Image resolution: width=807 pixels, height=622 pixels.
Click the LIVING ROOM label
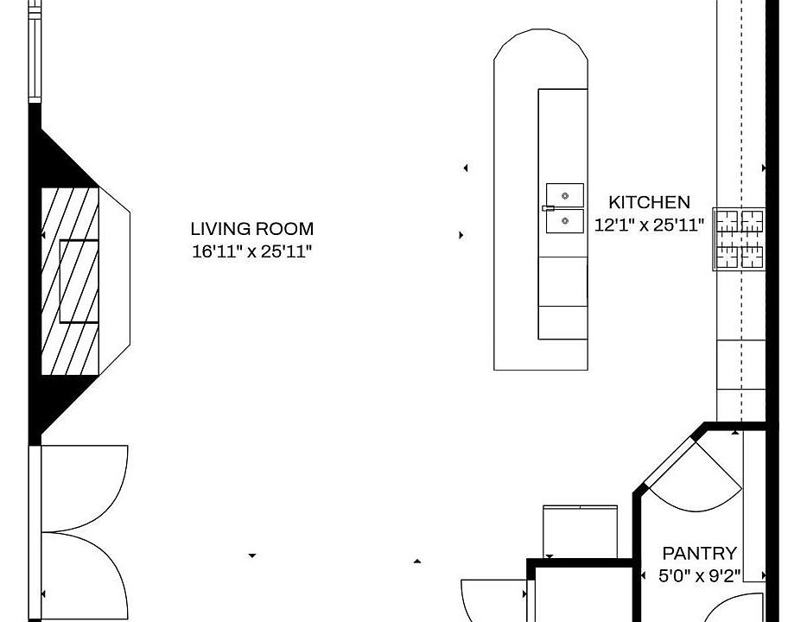(251, 229)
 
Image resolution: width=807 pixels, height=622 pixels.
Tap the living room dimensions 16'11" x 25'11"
(251, 252)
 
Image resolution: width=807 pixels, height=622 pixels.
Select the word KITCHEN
(649, 202)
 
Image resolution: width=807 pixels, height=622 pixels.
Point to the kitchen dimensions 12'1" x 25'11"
(650, 225)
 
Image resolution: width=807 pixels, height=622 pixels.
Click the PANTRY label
(700, 553)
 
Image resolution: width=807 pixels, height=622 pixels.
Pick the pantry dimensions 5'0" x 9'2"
(700, 575)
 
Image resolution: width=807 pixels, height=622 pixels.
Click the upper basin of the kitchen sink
(565, 194)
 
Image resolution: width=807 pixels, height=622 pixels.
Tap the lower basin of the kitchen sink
(565, 221)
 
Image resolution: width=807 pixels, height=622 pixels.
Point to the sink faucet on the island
(548, 208)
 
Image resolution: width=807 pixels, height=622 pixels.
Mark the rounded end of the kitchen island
(541, 52)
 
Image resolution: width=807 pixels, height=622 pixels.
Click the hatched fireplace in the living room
(72, 281)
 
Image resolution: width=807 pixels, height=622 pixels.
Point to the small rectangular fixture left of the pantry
(580, 531)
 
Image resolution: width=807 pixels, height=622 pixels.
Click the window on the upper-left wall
(35, 52)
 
